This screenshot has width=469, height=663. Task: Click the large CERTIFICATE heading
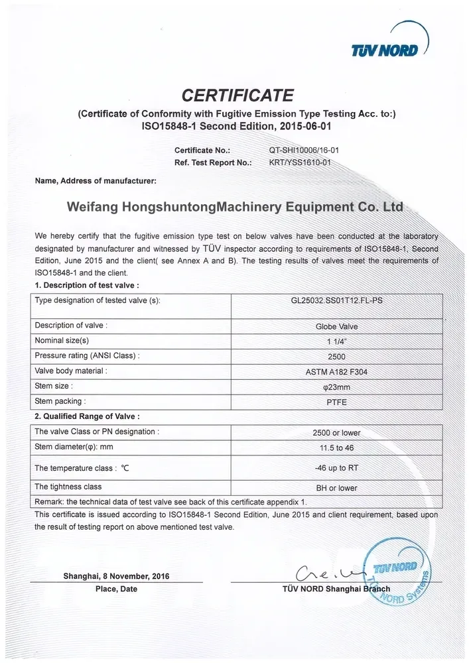click(x=237, y=95)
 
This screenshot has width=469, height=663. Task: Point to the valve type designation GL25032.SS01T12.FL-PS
click(x=336, y=300)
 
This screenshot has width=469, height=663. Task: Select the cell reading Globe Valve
click(x=336, y=326)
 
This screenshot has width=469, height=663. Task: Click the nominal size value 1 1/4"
click(x=336, y=341)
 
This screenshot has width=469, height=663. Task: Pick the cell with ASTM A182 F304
click(x=336, y=371)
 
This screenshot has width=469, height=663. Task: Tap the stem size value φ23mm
click(x=336, y=387)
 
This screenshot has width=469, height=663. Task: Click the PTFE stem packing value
click(x=336, y=402)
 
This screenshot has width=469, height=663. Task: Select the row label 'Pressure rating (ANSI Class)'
click(x=87, y=356)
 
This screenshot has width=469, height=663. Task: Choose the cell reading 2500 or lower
click(x=336, y=432)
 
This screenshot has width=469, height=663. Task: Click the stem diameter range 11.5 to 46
click(x=336, y=448)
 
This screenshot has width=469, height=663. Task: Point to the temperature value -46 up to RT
click(x=336, y=467)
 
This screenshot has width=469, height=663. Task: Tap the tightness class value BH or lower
click(x=336, y=488)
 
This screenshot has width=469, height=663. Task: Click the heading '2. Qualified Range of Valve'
click(x=87, y=416)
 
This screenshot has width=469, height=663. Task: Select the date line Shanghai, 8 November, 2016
click(x=116, y=576)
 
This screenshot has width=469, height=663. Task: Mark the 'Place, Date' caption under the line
click(x=117, y=589)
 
